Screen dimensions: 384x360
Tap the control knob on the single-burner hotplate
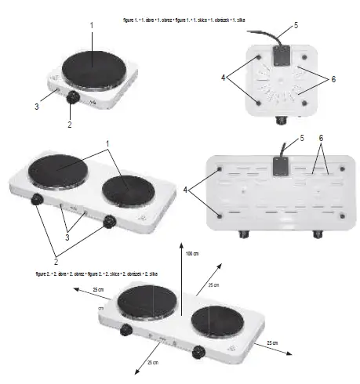coord(73,98)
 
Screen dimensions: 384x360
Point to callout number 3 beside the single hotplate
coord(36,105)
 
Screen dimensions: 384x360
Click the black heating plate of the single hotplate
coord(92,68)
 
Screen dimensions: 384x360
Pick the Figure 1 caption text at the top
coord(184,16)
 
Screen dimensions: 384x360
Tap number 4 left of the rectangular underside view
coord(187,190)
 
